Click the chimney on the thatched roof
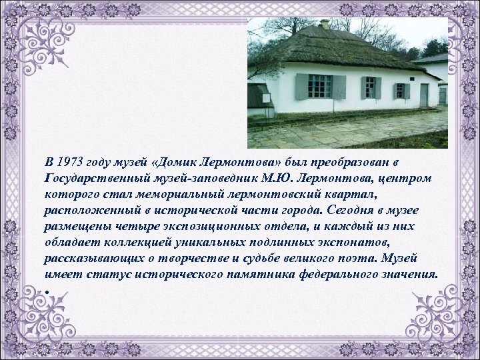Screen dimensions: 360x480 coord(325,24)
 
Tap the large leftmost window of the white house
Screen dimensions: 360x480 coord(320,86)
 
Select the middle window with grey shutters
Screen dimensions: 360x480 coord(369,87)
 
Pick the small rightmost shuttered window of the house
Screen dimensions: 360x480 coord(401,91)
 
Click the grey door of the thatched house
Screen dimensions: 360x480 coord(424,95)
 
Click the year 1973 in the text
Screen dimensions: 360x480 coord(71,163)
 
